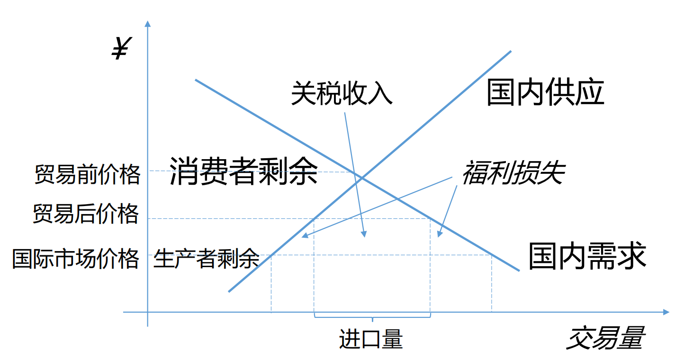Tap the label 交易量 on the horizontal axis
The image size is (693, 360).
click(x=605, y=338)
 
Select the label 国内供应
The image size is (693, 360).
click(x=545, y=93)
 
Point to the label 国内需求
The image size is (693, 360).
click(x=587, y=256)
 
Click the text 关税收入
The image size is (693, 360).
click(x=342, y=92)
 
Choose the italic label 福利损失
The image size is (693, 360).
click(x=513, y=173)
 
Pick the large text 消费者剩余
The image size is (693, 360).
click(x=243, y=171)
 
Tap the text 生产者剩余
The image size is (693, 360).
click(x=206, y=258)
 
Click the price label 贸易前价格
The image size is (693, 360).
click(x=88, y=174)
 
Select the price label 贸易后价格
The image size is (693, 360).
click(x=86, y=214)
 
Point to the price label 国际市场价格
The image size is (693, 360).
click(x=76, y=259)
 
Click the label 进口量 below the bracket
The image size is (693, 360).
click(x=371, y=339)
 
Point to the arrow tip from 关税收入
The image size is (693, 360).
click(x=365, y=236)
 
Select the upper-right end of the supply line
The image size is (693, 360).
click(x=511, y=51)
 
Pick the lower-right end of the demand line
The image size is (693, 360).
click(x=519, y=270)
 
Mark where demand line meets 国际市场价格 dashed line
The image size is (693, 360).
click(x=491, y=255)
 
